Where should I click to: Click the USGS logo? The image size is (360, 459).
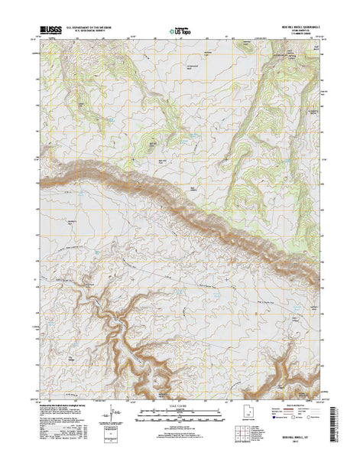point(47,31)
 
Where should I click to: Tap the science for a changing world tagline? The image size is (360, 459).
point(47,36)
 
